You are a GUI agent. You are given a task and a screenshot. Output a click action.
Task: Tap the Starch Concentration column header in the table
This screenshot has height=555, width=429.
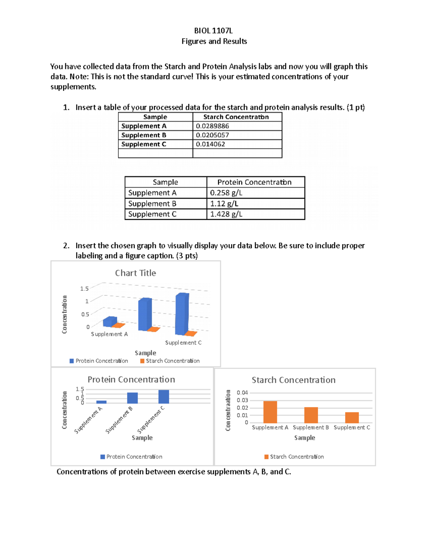[x=236, y=117]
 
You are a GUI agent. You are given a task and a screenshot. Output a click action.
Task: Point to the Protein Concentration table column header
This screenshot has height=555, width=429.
[x=255, y=182]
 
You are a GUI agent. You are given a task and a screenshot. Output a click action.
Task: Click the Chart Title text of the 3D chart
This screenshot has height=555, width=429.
[x=135, y=273]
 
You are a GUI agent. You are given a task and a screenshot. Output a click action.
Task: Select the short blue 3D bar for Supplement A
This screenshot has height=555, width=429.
[x=109, y=322]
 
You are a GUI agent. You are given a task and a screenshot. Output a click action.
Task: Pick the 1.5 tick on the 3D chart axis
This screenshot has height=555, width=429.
[x=84, y=289]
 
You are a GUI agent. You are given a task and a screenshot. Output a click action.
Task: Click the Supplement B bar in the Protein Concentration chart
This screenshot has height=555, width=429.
[x=132, y=398]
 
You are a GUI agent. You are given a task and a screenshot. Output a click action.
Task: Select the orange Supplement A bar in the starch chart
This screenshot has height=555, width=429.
[x=270, y=412]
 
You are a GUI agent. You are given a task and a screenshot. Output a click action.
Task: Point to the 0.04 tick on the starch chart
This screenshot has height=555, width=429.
[x=242, y=393]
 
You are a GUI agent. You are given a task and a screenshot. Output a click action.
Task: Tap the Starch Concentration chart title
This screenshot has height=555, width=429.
[x=294, y=380]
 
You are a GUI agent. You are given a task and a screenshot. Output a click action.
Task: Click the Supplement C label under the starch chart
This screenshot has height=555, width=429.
[x=352, y=427]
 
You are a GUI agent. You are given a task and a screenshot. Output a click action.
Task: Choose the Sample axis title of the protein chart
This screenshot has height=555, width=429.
[x=142, y=438]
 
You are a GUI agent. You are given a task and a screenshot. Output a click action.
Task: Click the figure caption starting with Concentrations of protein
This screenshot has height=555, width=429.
[x=174, y=472]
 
